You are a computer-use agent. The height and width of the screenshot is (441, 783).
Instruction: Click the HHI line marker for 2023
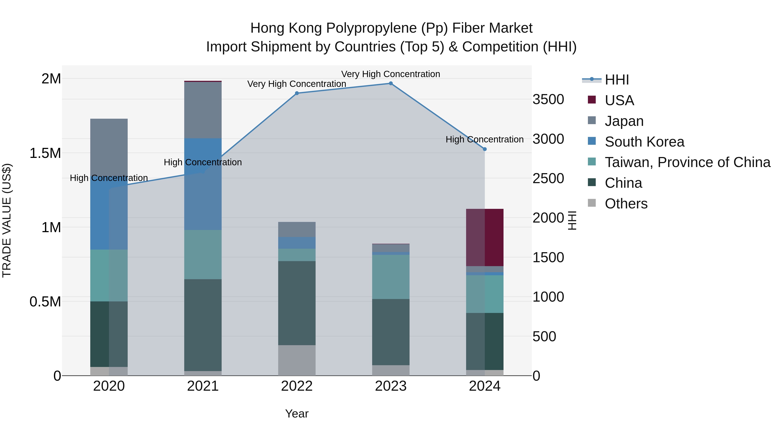pos(391,83)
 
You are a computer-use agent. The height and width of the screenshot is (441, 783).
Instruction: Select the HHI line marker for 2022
pos(297,93)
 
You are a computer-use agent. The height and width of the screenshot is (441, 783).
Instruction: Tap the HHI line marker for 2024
pos(485,149)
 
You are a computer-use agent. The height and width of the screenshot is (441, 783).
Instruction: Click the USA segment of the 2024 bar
pos(485,237)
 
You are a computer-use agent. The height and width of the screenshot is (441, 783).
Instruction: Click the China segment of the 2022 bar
pos(297,303)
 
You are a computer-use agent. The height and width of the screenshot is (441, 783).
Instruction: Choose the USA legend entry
pos(619,100)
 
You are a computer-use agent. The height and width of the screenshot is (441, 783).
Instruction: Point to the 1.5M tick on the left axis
pos(45,153)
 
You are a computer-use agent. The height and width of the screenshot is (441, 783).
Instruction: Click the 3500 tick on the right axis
pos(548,100)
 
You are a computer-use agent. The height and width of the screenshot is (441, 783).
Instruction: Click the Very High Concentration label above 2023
pos(391,74)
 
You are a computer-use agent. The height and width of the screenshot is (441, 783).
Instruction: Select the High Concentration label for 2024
pos(485,139)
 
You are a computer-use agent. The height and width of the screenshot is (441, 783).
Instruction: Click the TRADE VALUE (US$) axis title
pos(7,220)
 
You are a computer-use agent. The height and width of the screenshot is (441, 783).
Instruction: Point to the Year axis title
pos(297,414)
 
